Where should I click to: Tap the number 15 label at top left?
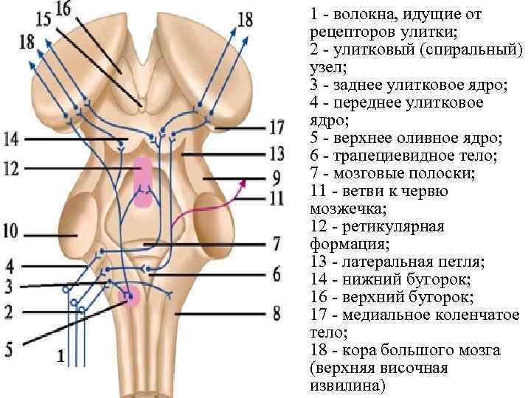[44, 18]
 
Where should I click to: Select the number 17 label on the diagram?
[276, 128]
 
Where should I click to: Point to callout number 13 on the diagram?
[276, 154]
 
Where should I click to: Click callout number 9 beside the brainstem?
[276, 178]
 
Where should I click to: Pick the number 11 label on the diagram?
[276, 198]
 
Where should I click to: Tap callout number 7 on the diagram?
[276, 242]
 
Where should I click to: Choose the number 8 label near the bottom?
[276, 313]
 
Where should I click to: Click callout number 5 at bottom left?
[9, 349]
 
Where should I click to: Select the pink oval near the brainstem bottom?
[131, 296]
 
